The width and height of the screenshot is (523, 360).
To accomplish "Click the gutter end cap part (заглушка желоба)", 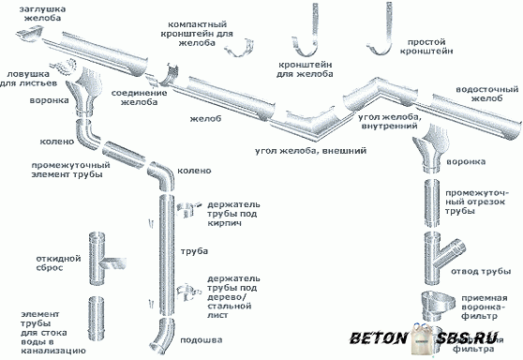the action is pos(30,36).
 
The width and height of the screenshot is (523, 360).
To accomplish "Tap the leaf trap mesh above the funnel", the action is pos(64,66).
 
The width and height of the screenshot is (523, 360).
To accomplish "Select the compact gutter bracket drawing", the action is pos(239,48).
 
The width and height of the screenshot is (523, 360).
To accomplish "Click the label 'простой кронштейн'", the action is pos(426,47).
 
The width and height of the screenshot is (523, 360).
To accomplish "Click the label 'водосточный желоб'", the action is pos(487,94).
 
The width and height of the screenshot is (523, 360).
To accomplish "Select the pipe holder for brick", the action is pos(187,209).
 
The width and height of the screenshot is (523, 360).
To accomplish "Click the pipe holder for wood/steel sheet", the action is pos(187,292).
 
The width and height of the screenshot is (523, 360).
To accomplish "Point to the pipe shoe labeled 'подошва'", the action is pos(162,337).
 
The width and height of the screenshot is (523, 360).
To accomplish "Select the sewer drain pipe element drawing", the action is pos(96,319).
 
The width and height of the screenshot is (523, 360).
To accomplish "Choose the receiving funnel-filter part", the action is pos(438,306).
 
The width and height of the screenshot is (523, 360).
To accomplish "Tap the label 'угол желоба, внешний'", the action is pos(311,151).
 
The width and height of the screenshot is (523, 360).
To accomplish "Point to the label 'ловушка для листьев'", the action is pos(28,79).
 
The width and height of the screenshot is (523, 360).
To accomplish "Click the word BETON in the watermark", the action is pos(379,337).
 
